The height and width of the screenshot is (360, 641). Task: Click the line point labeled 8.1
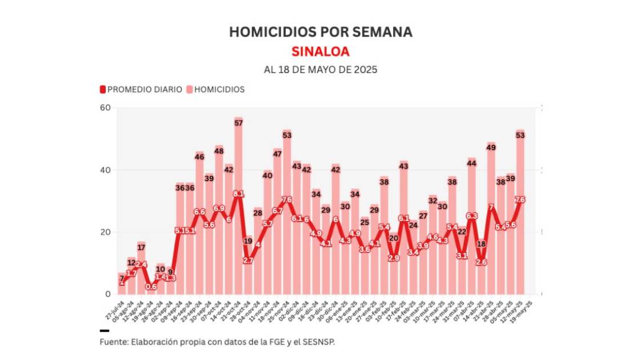[x=238, y=194]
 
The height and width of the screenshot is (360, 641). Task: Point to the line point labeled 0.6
[x=151, y=287]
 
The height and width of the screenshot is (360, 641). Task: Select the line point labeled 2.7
[x=248, y=260]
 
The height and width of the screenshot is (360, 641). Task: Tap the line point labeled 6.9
[x=219, y=209]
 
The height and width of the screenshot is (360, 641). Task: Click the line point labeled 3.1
[x=462, y=256]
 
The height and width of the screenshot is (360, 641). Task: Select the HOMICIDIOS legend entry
[x=215, y=90]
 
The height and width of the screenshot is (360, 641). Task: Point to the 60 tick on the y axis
[x=106, y=108]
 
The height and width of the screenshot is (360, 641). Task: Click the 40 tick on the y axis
[x=106, y=170]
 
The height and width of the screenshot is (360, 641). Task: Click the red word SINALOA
[x=320, y=51]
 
